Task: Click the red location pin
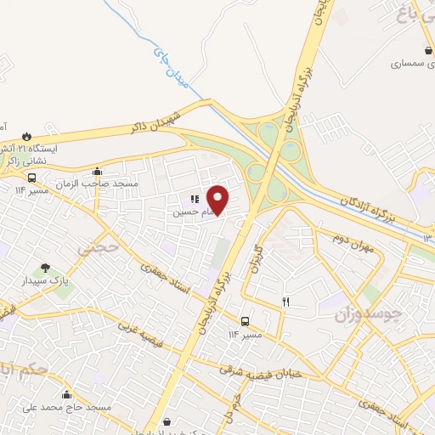[x=218, y=200]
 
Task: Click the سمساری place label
[x=411, y=64]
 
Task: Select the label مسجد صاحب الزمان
[x=97, y=184]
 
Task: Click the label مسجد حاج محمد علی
[x=69, y=409]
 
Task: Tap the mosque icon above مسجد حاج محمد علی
[x=68, y=395]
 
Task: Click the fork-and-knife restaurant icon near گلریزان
[x=286, y=302]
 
